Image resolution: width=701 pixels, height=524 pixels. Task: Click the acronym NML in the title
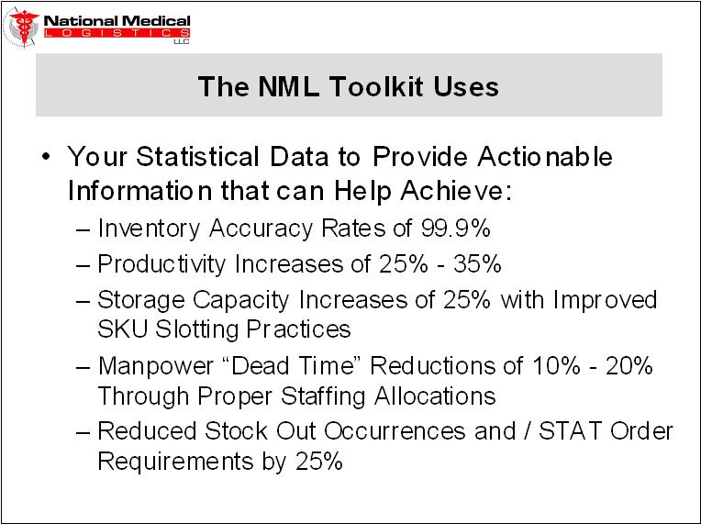288,86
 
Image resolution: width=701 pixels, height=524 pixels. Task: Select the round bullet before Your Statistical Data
46,157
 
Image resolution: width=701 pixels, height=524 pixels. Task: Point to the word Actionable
544,157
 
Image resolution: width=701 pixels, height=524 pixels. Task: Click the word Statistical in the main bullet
197,157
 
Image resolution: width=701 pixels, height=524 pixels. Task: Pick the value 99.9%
455,228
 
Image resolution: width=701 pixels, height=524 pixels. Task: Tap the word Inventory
149,229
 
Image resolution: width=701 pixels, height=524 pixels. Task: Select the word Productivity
161,264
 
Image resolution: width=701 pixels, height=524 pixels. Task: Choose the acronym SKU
123,329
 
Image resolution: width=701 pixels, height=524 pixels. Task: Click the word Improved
605,299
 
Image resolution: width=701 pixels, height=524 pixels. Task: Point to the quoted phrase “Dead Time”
291,365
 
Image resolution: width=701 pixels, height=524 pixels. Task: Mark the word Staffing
323,396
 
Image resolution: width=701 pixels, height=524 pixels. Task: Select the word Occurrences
395,431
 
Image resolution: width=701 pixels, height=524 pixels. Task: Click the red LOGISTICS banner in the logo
117,33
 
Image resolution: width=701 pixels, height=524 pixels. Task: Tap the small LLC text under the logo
182,42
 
